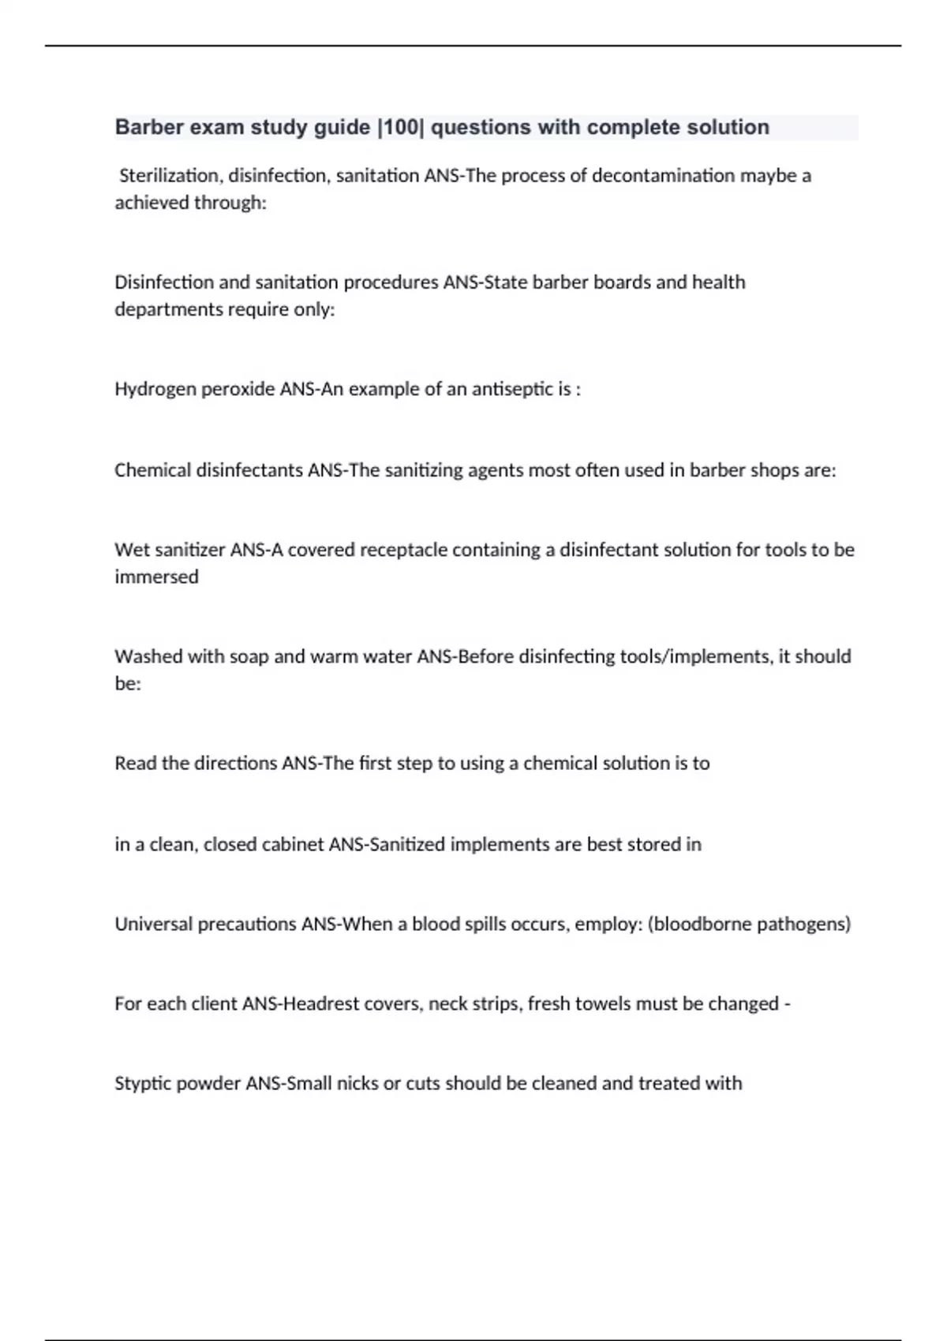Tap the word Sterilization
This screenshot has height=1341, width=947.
169,175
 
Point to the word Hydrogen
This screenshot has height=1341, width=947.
155,390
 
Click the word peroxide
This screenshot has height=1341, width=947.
238,390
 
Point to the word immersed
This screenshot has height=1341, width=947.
156,577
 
